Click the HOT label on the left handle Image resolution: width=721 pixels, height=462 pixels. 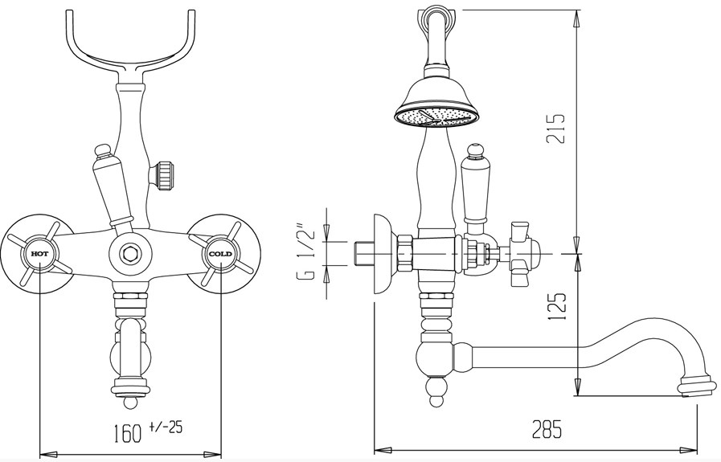pyautogui.click(x=39, y=254)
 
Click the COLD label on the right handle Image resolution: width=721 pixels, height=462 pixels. pyautogui.click(x=221, y=254)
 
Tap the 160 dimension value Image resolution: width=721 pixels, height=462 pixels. pyautogui.click(x=128, y=432)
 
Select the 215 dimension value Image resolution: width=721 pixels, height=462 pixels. pyautogui.click(x=555, y=129)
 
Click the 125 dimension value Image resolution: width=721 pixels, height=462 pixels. pyautogui.click(x=555, y=305)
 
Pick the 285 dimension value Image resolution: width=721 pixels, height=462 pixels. pyautogui.click(x=547, y=429)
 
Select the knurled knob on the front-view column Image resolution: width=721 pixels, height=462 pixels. pyautogui.click(x=164, y=175)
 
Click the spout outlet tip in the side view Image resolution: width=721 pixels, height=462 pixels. pyautogui.click(x=698, y=385)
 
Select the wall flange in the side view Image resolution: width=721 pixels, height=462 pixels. pyautogui.click(x=383, y=254)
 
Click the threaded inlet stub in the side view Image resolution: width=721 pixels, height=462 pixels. pyautogui.click(x=365, y=254)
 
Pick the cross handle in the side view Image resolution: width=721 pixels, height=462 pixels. pyautogui.click(x=522, y=254)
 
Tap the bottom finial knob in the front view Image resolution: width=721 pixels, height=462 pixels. pyautogui.click(x=130, y=403)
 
